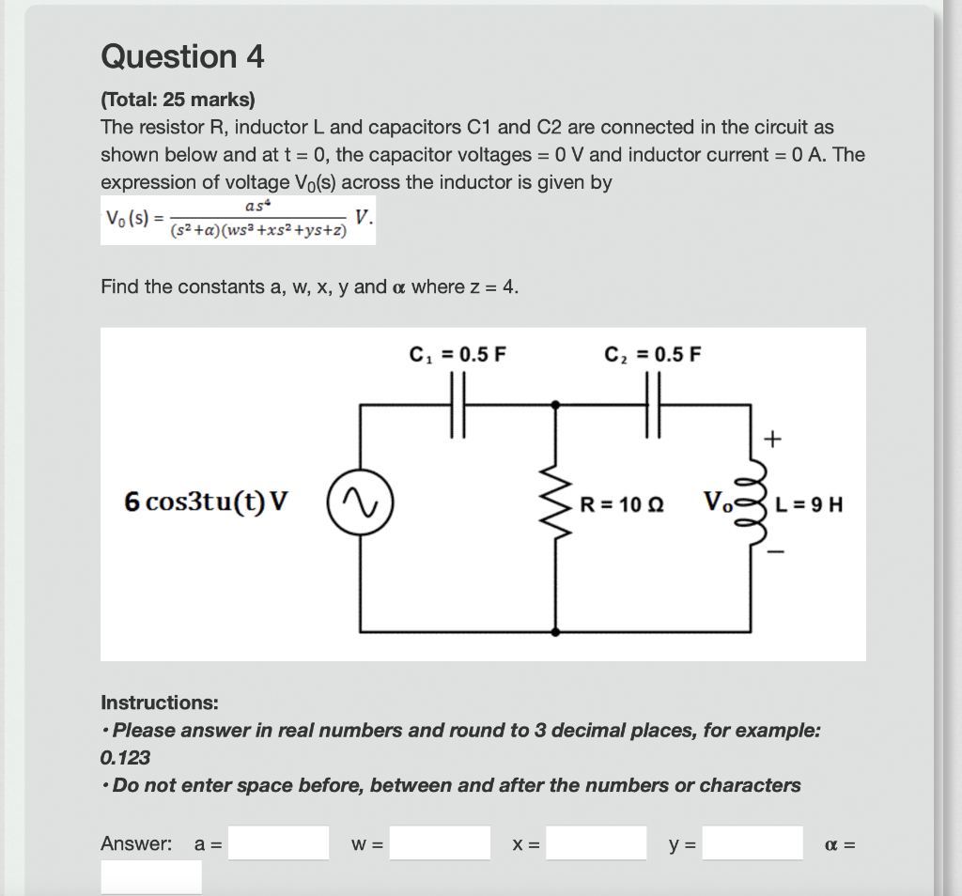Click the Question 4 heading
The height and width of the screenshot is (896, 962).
[x=182, y=57]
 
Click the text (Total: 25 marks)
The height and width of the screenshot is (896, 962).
[x=178, y=99]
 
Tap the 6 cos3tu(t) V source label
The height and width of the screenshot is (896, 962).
[x=206, y=502]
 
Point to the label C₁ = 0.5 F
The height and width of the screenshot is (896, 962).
[x=458, y=355]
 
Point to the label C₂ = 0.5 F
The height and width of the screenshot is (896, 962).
[x=653, y=355]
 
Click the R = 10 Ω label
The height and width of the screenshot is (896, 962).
[x=621, y=504]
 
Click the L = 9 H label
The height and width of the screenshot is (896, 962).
[x=809, y=504]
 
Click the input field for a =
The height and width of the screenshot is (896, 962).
[x=279, y=842]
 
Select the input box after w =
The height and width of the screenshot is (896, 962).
[x=441, y=842]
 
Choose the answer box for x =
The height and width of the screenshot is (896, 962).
[x=597, y=842]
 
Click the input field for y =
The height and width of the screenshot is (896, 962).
[x=753, y=842]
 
